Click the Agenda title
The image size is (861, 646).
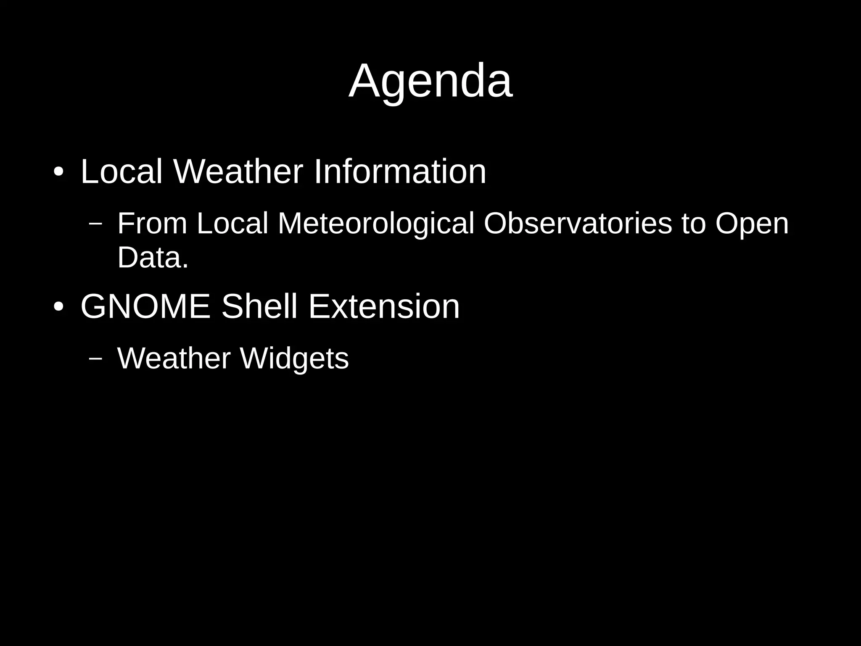point(430,81)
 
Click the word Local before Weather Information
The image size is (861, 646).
point(121,171)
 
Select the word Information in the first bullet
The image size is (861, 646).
point(400,171)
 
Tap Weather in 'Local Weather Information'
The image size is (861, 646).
point(238,171)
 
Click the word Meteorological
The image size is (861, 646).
point(376,224)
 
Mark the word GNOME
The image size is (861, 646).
point(145,306)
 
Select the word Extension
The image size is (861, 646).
point(384,306)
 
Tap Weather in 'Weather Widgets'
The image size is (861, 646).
point(174,359)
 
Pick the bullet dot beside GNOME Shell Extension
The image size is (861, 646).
point(58,307)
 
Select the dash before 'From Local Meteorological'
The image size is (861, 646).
point(96,223)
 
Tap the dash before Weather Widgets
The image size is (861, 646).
point(96,358)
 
